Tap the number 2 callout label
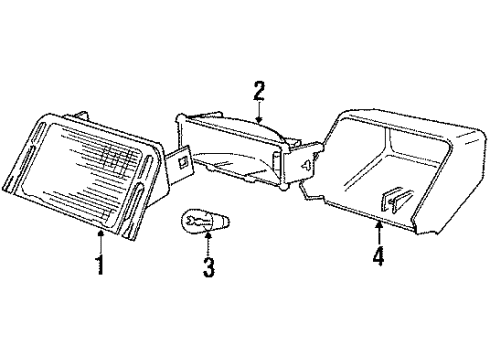(258, 92)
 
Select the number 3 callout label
(207, 267)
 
